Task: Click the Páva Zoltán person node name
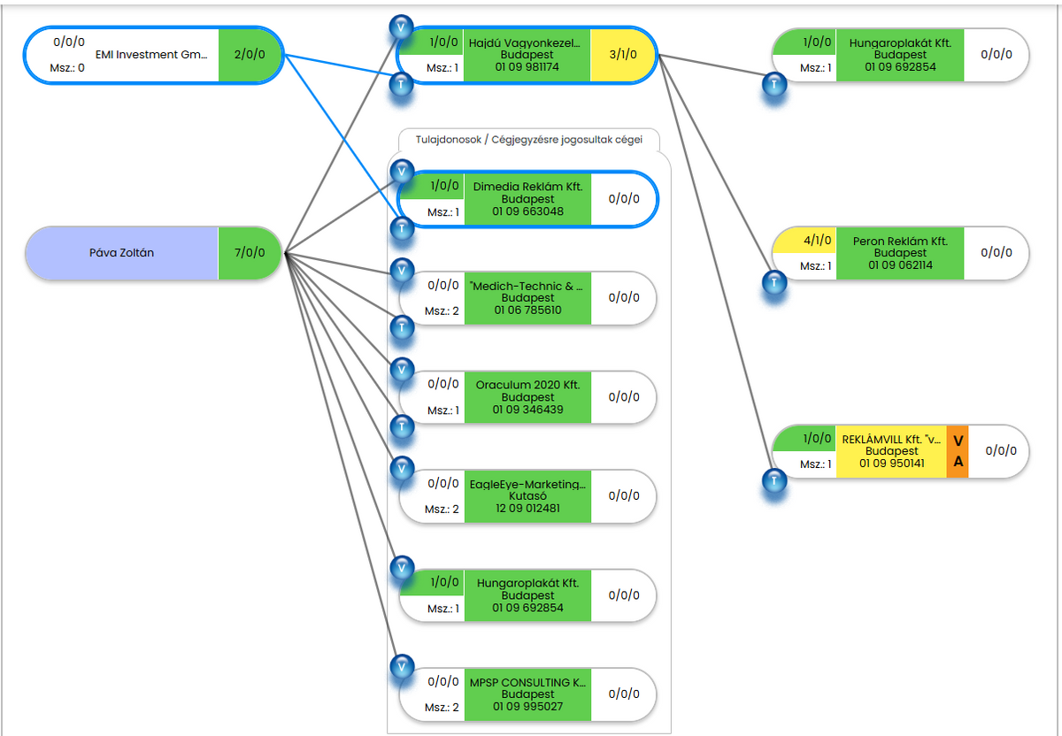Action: tap(121, 253)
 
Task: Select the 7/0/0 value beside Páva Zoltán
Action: tap(250, 253)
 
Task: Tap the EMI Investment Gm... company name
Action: tap(150, 55)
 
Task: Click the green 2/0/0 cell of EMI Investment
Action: tap(250, 55)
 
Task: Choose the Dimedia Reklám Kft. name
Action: tap(527, 188)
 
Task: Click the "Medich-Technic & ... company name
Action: tap(527, 287)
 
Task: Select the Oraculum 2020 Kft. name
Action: tap(527, 386)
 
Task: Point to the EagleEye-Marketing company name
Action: tap(527, 485)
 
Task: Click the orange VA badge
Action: tap(958, 452)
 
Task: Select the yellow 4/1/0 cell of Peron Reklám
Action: tap(804, 241)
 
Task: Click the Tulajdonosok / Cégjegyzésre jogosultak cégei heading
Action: tap(528, 139)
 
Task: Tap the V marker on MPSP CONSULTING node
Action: tap(403, 666)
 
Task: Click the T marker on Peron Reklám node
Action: tap(775, 283)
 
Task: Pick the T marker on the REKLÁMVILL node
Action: tap(775, 480)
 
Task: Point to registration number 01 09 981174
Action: tap(527, 66)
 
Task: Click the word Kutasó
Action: tap(527, 496)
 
